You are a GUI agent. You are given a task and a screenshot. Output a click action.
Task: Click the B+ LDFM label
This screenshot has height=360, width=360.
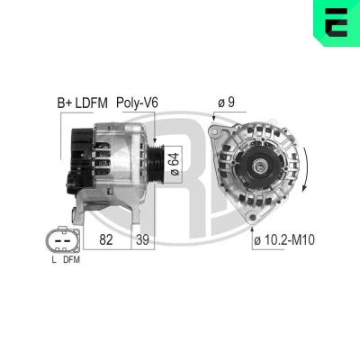(82, 103)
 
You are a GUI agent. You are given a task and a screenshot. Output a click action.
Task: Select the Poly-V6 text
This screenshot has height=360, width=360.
(137, 103)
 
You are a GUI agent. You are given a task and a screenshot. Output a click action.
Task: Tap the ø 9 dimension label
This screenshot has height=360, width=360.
(227, 103)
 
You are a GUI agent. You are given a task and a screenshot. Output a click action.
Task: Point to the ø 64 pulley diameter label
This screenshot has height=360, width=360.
(175, 164)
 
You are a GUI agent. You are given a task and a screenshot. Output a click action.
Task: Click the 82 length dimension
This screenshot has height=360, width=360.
(106, 239)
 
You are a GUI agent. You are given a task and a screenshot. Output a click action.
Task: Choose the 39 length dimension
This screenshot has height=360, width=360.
(142, 239)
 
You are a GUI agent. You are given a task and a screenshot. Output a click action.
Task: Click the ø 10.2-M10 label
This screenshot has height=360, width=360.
(284, 240)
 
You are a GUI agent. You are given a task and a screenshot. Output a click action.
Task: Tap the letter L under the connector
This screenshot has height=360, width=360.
(54, 259)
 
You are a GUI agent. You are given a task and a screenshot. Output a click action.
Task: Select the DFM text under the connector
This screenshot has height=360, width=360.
(71, 259)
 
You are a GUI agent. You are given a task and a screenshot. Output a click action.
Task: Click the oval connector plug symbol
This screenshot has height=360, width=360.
(63, 240)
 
